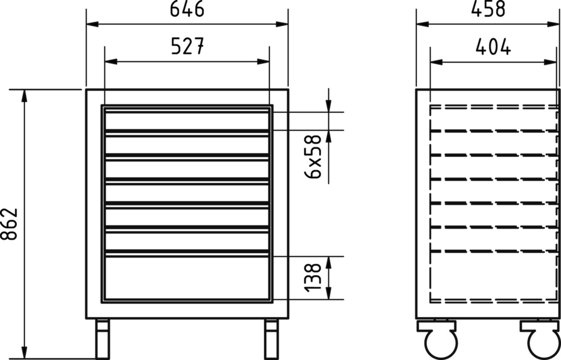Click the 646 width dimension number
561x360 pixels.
pos(187,9)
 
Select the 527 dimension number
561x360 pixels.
pos(187,46)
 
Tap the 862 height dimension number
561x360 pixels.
pos(9,224)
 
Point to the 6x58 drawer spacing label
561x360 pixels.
pos(313,157)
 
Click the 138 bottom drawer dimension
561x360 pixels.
pos(313,278)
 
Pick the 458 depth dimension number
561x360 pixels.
pos(488,9)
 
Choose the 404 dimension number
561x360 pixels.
pos(493,46)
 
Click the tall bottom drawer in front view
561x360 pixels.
pos(187,278)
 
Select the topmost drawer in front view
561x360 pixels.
pos(187,121)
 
